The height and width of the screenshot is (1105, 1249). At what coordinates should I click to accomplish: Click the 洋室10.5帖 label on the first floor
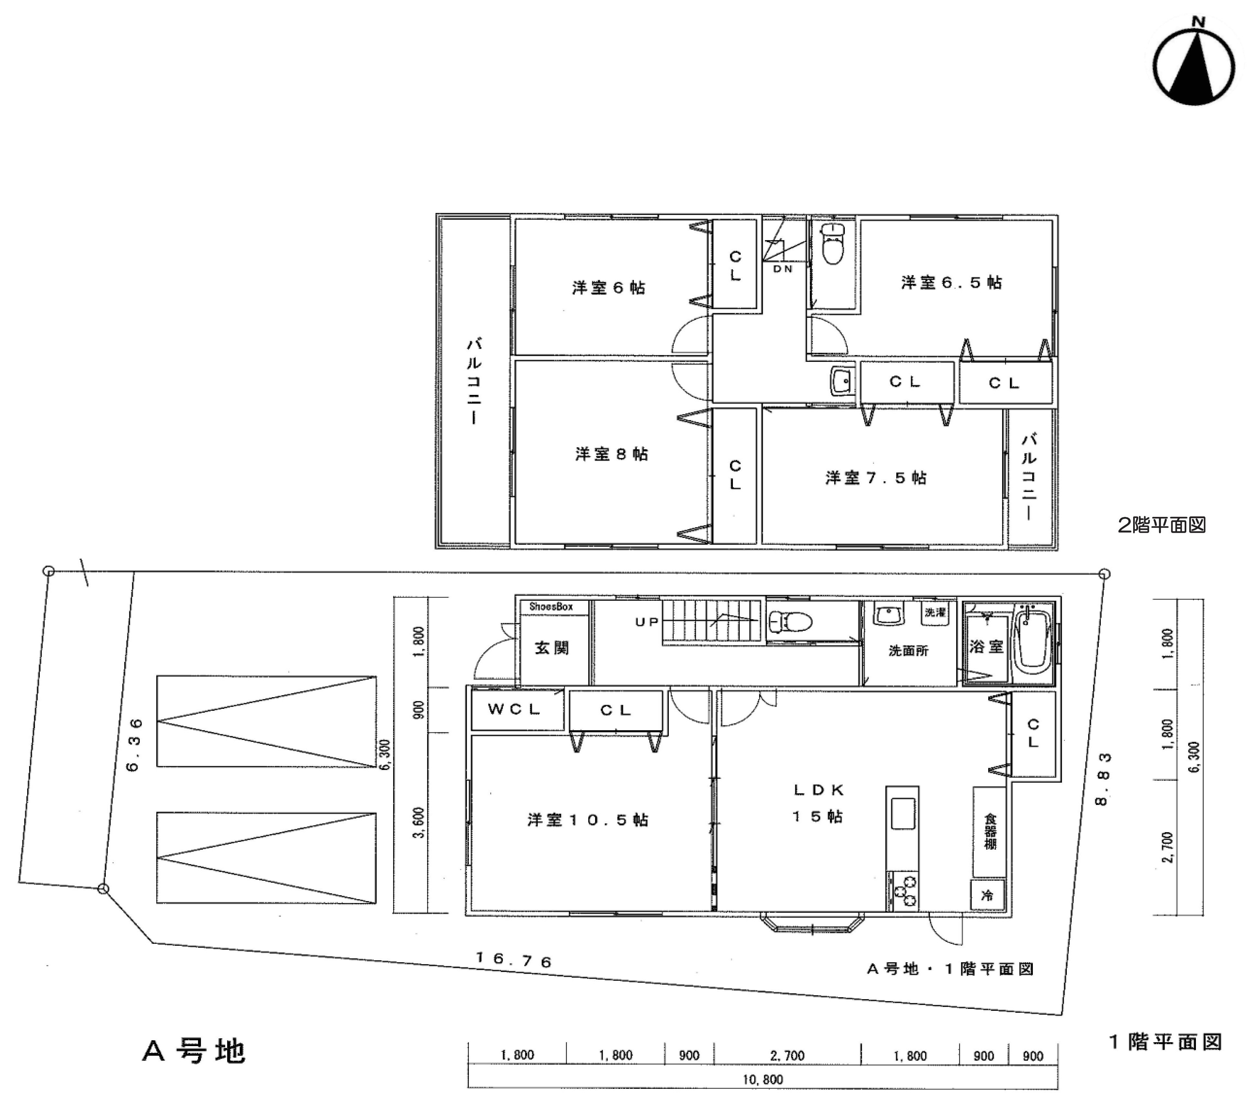588,820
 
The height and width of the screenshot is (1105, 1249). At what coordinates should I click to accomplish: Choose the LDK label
819,790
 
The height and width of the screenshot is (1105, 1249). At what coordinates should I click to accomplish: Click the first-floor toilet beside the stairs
790,622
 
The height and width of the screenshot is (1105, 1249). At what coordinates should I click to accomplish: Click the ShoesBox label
551,607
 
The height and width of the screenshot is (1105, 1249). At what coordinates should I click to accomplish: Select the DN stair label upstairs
783,269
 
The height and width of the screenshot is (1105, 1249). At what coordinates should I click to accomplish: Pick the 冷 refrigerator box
987,895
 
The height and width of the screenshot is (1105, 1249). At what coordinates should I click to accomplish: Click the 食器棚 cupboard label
990,831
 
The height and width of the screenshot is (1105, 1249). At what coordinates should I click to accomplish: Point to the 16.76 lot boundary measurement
513,960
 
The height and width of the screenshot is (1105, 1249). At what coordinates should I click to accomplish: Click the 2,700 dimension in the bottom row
787,1055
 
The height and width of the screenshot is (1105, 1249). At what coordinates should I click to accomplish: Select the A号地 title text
194,1051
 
